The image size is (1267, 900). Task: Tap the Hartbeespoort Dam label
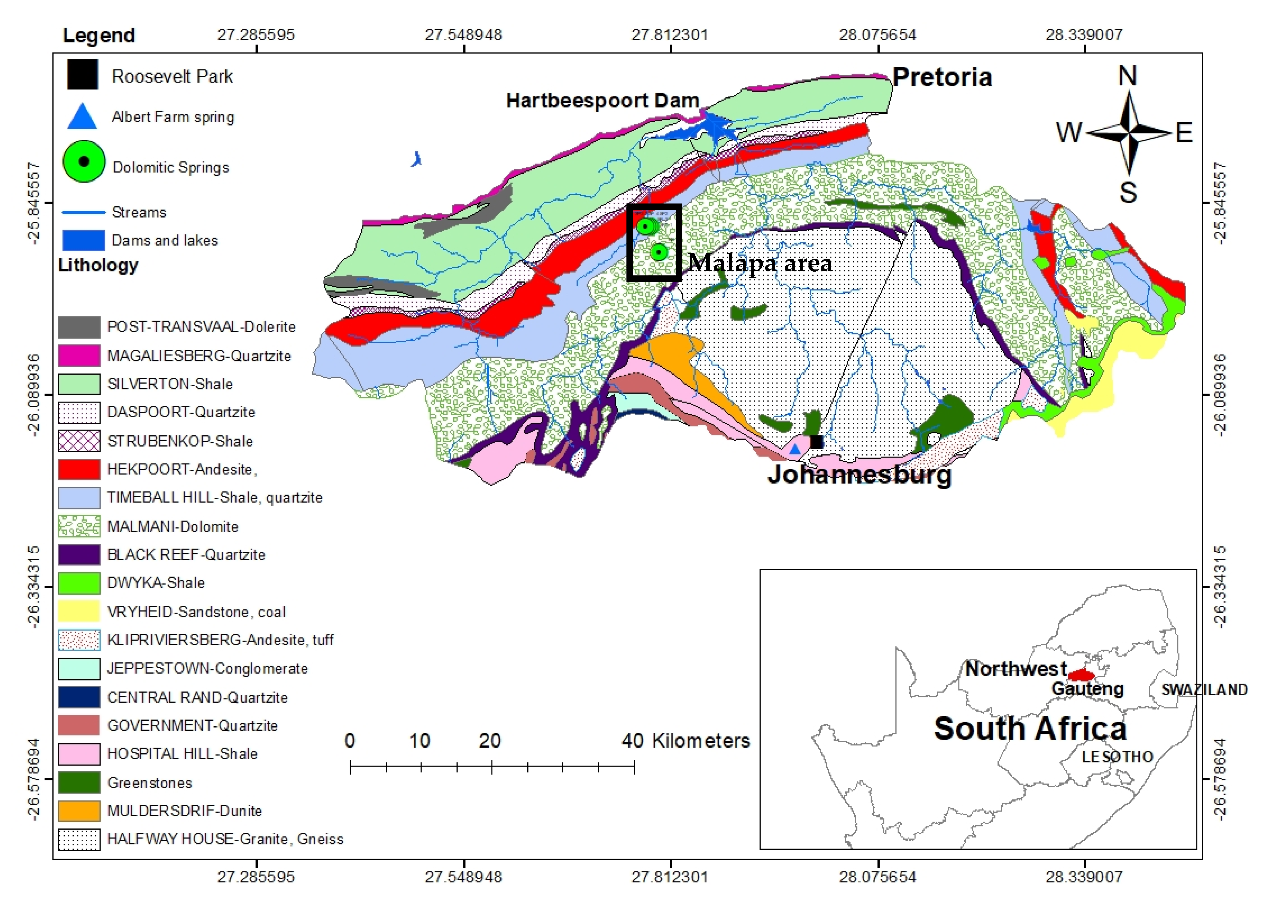pos(603,101)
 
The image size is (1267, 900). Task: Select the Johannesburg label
pos(859,475)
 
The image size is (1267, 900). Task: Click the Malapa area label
pos(760,263)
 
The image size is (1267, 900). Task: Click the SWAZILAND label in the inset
pos(1204,689)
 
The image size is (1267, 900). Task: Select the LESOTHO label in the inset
pos(1117,756)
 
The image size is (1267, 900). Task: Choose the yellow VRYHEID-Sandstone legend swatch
pos(79,611)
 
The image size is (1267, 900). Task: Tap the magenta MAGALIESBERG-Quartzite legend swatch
pos(79,355)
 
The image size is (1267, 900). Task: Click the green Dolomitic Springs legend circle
pos(83,161)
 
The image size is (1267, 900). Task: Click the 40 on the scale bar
pos(632,741)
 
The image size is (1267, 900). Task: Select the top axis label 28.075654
pos(878,35)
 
